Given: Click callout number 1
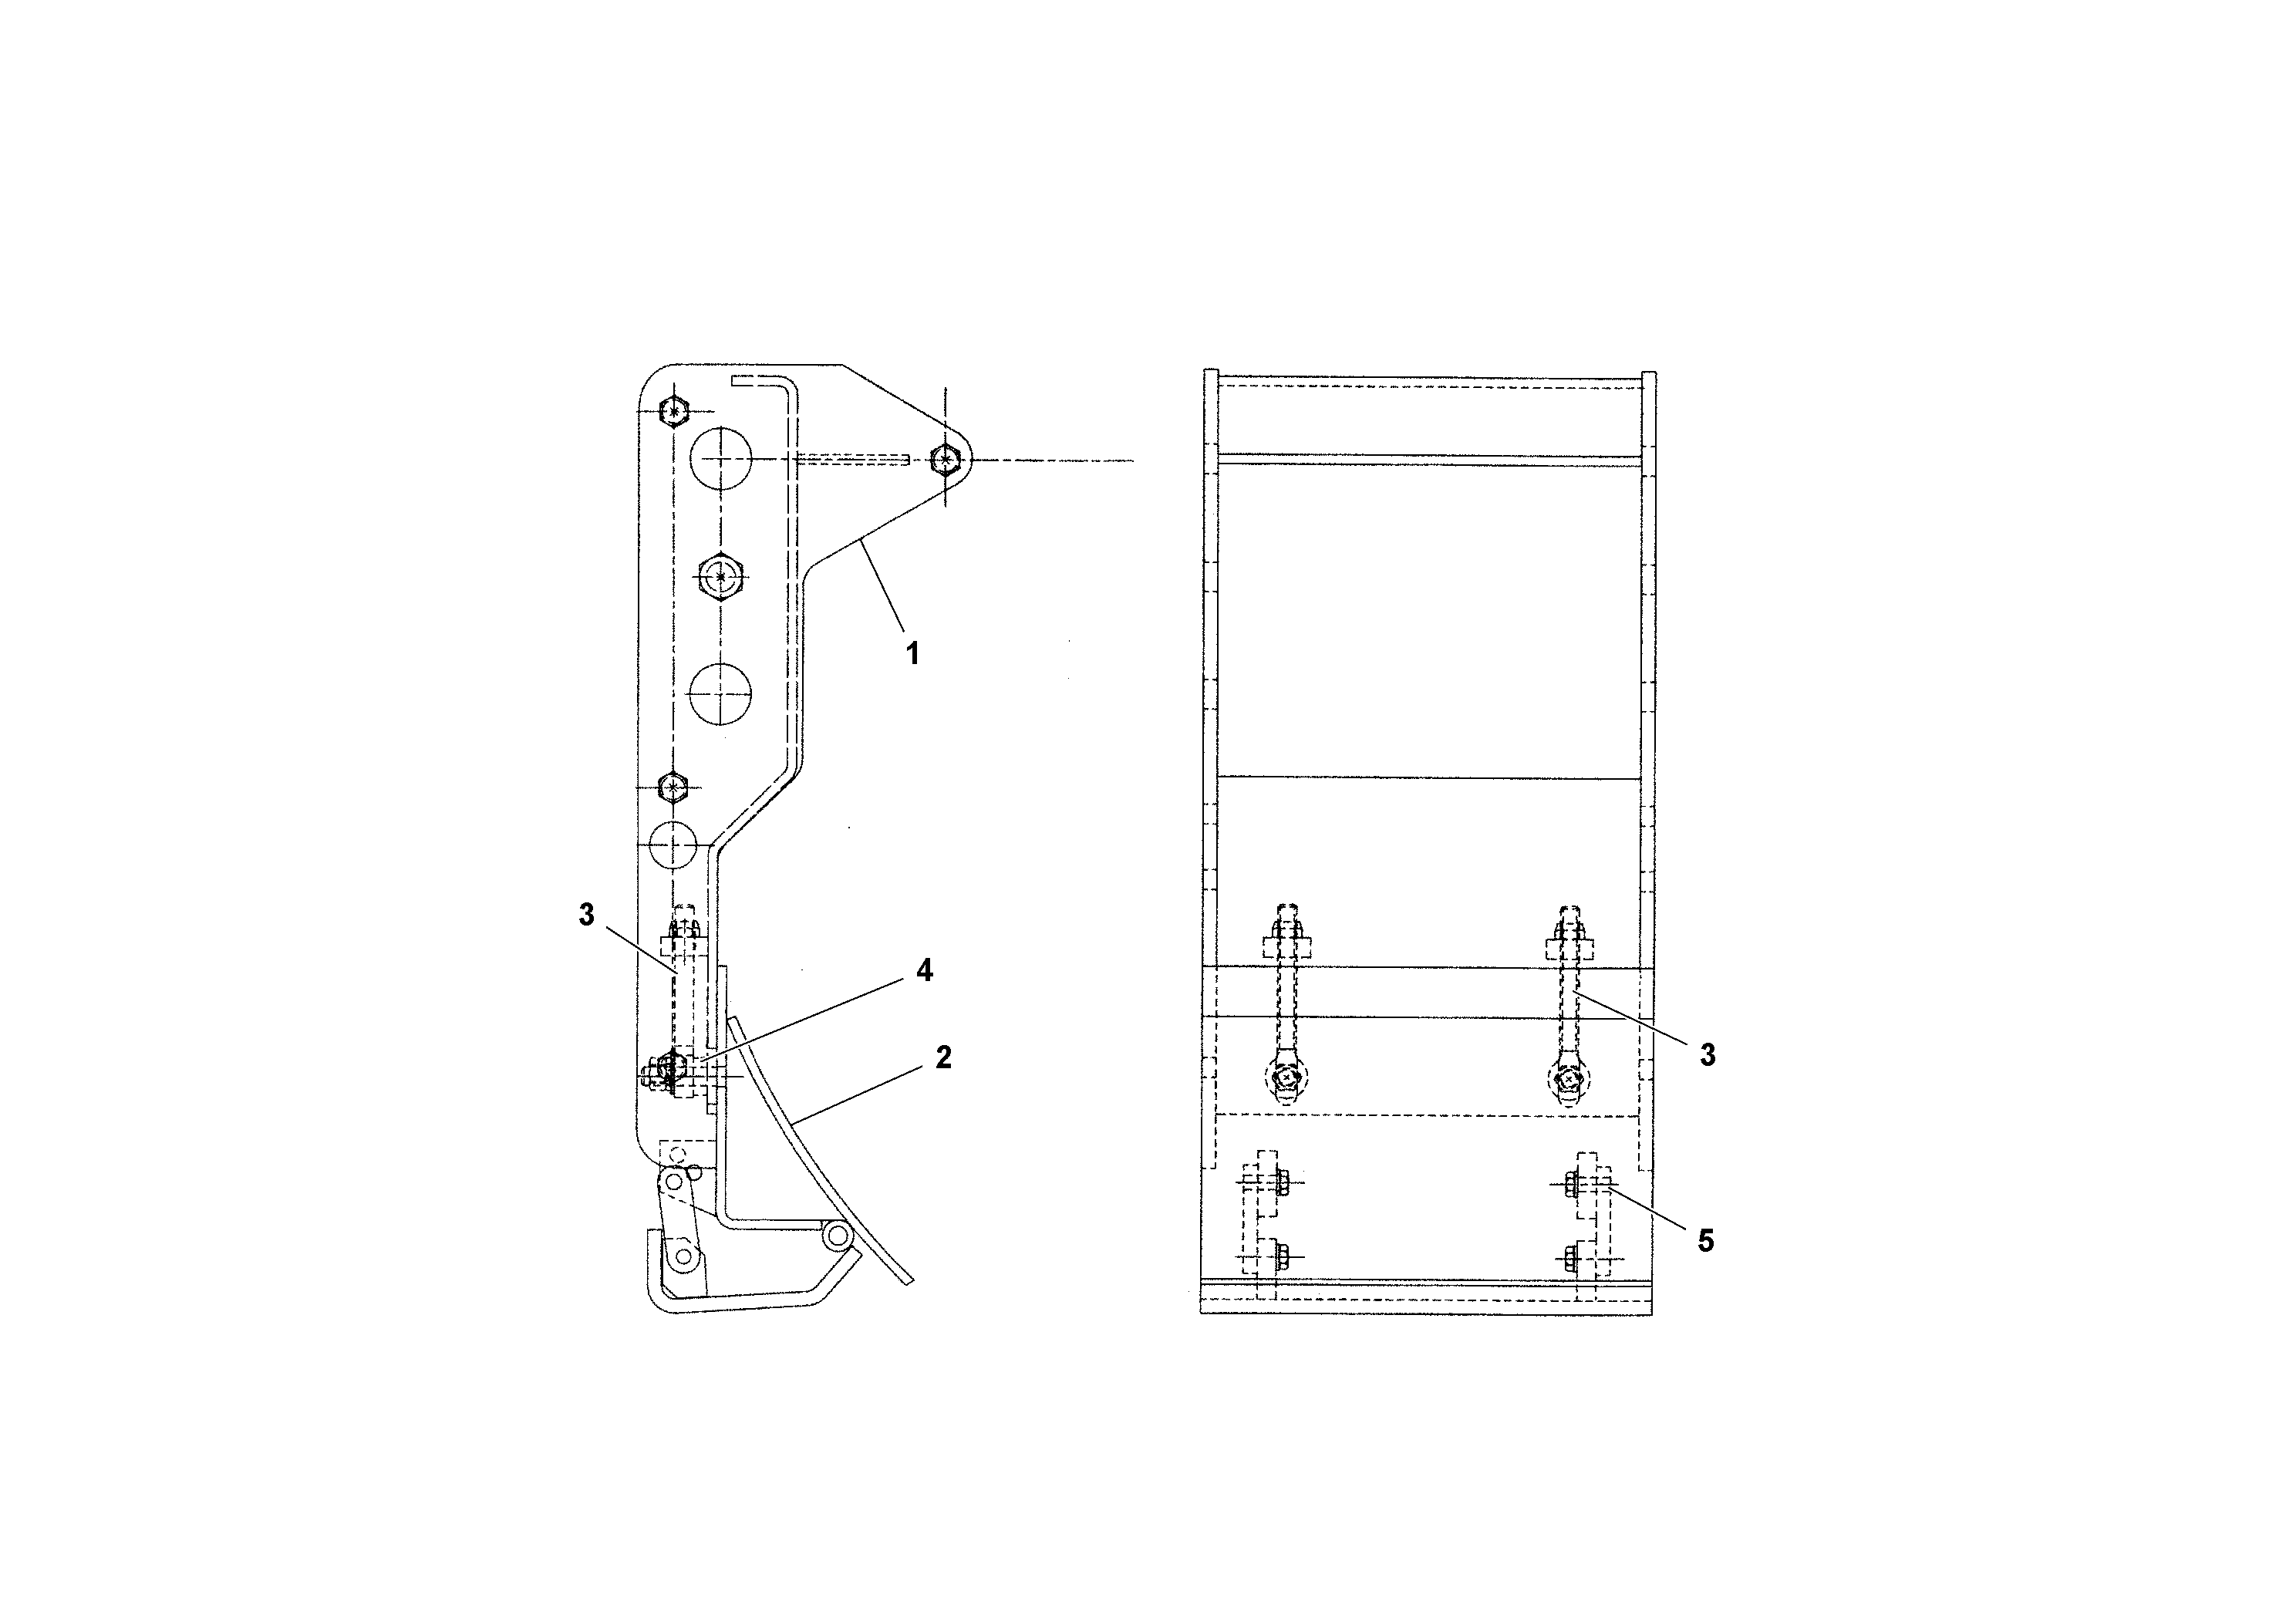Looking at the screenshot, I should pos(912,654).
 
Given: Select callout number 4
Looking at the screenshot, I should pos(925,970).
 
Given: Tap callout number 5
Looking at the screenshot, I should pos(1706,1241).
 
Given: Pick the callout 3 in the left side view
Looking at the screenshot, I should pos(587,914).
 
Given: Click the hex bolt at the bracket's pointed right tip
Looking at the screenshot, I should pos(946,460).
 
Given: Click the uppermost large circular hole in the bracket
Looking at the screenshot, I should pos(721,459).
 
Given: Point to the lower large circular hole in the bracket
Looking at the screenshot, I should pos(720,694).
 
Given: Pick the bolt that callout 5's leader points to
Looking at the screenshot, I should pos(1573,1184).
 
